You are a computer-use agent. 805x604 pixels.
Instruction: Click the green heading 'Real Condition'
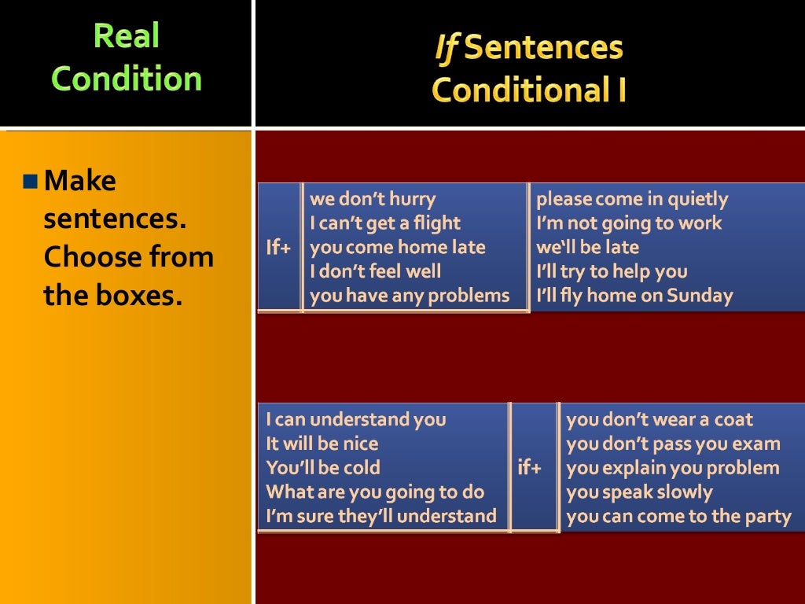coord(127,57)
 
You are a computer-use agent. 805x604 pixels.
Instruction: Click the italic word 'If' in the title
coord(446,48)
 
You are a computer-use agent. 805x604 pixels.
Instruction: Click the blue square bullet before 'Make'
coord(31,182)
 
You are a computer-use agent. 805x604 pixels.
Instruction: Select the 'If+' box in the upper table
coord(278,248)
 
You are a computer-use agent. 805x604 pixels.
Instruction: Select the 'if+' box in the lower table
coord(530,468)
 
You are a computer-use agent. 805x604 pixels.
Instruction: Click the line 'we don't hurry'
coord(373,199)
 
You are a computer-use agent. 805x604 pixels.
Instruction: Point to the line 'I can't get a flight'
coord(385,223)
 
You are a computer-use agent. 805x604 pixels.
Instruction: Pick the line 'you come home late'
coord(398,248)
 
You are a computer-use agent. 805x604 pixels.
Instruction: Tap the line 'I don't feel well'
coord(376,272)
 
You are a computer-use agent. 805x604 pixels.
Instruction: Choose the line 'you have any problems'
coord(410,296)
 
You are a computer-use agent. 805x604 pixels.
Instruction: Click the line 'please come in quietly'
coord(632,199)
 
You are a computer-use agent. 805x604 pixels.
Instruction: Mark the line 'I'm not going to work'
coord(629,223)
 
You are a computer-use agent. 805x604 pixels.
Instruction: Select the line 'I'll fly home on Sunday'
coord(634,296)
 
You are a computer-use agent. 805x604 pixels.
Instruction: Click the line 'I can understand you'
coord(356,419)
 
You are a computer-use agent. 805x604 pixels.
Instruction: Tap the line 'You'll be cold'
coord(323,468)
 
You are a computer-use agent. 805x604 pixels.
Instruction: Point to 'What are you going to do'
coord(376,492)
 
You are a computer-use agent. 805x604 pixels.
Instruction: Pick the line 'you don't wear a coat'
coord(660,419)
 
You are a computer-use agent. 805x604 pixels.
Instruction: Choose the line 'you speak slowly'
coord(639,492)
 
